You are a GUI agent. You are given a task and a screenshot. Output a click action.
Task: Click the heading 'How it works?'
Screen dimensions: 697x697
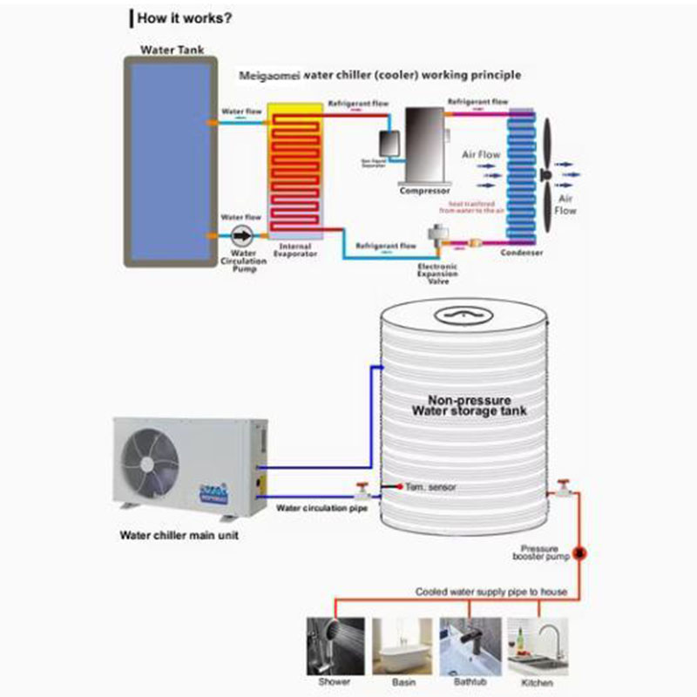click(184, 17)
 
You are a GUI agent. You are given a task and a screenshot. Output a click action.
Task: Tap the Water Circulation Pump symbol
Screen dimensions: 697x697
click(242, 235)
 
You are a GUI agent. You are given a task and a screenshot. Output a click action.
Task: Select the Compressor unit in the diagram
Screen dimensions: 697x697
click(424, 145)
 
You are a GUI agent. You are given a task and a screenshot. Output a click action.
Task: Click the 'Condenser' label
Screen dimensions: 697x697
click(522, 253)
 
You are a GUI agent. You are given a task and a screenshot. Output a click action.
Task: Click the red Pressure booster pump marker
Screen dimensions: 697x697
click(583, 552)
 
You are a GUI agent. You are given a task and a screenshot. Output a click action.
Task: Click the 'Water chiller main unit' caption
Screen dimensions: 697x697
click(179, 536)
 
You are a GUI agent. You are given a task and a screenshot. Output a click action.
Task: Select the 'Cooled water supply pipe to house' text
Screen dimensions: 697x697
click(491, 592)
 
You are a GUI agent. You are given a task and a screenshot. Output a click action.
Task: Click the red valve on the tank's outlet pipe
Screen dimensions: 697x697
click(565, 486)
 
